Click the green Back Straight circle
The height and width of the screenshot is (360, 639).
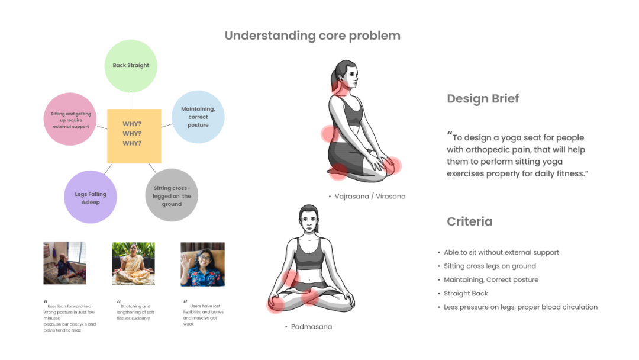pyautogui.click(x=131, y=65)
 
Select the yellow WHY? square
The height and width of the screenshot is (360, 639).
pyautogui.click(x=134, y=135)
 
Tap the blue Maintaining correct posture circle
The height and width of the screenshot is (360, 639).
pyautogui.click(x=198, y=117)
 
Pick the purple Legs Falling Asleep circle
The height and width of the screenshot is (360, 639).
pyautogui.click(x=91, y=197)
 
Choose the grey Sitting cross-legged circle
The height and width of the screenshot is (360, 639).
pyautogui.click(x=172, y=195)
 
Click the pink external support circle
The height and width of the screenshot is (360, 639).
pyautogui.click(x=70, y=120)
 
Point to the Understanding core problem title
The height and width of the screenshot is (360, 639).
pyautogui.click(x=312, y=36)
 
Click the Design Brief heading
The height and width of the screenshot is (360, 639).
pyautogui.click(x=483, y=99)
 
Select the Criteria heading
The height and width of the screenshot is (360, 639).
pyautogui.click(x=469, y=221)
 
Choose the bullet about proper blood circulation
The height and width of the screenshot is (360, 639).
pyautogui.click(x=521, y=307)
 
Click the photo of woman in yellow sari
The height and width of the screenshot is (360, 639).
pyautogui.click(x=133, y=263)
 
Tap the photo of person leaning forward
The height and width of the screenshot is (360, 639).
pyautogui.click(x=64, y=263)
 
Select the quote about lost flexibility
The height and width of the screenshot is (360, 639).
pyautogui.click(x=204, y=312)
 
